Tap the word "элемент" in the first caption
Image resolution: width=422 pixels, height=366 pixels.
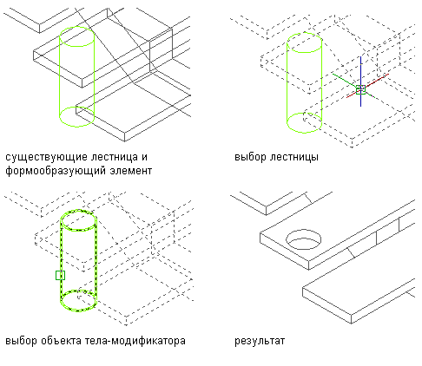click(131, 171)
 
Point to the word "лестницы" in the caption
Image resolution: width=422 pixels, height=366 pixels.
click(294, 158)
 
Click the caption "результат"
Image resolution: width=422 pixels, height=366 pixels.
click(260, 342)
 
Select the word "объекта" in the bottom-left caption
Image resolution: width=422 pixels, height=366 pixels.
click(61, 341)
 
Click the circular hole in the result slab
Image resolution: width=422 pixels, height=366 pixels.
click(304, 231)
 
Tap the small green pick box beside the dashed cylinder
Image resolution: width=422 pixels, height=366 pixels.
click(60, 276)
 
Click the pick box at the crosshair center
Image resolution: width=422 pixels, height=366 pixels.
click(360, 89)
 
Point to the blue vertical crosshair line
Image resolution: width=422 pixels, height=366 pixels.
click(360, 82)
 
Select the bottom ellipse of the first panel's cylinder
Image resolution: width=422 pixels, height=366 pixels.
click(76, 127)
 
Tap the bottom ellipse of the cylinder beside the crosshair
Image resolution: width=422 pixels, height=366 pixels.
click(304, 133)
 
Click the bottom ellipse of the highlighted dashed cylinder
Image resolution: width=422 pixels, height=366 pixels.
click(78, 310)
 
